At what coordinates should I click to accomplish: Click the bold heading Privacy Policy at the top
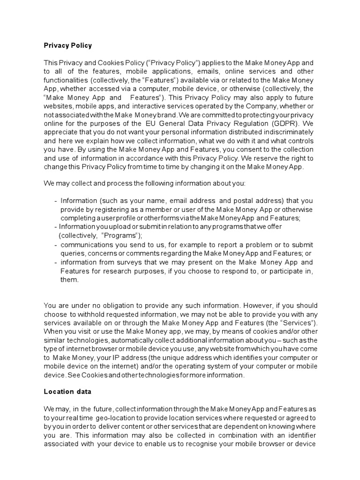[67, 45]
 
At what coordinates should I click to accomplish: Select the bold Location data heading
[67, 391]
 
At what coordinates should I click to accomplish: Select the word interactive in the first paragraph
[141, 106]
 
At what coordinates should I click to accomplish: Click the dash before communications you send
[56, 245]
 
